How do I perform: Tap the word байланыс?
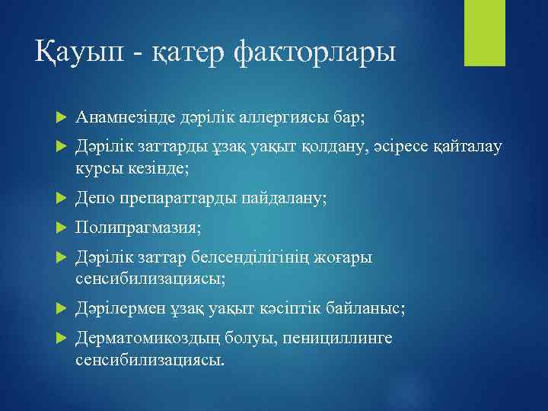[x=365, y=308]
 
